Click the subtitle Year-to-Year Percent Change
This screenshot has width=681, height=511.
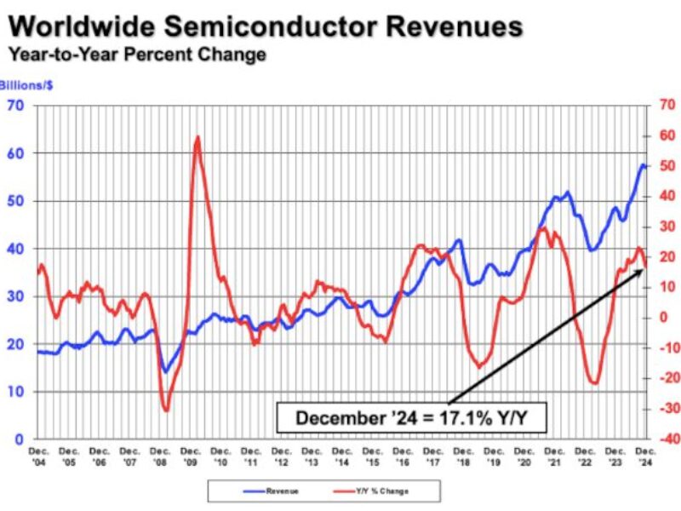pos(137,55)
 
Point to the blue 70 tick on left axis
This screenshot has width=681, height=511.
pos(15,106)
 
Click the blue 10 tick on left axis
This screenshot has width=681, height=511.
pos(15,392)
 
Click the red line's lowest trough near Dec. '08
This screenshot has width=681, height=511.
pos(165,411)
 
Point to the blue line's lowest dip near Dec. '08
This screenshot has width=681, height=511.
pos(164,371)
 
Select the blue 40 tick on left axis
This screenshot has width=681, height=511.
pos(15,249)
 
